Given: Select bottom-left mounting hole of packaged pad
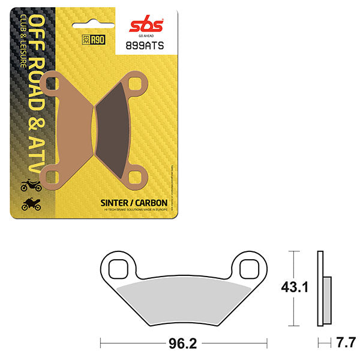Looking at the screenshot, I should pos(50,175).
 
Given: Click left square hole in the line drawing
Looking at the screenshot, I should pos(119,265).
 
